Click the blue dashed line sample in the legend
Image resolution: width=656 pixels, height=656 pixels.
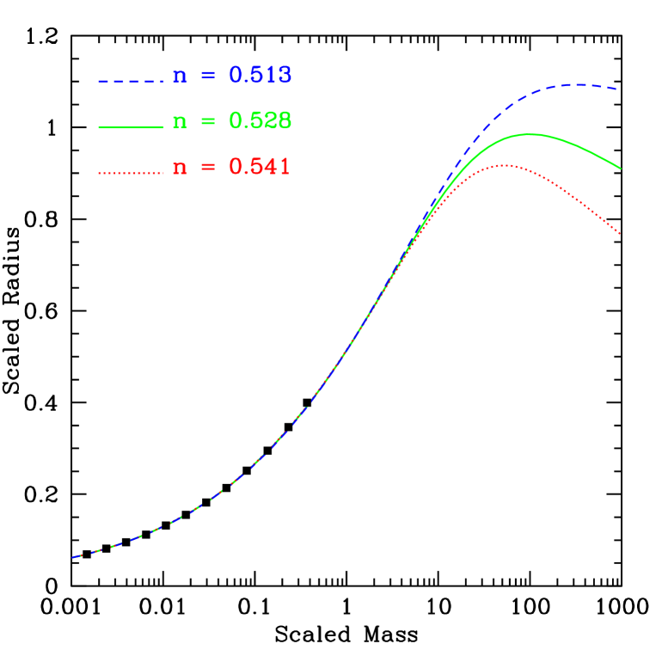(x=131, y=82)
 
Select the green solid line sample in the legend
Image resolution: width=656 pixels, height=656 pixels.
(x=131, y=127)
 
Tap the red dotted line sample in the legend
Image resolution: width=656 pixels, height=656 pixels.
(x=131, y=173)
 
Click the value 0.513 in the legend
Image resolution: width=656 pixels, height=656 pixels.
(x=261, y=76)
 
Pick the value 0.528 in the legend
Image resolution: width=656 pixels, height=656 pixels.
(x=261, y=121)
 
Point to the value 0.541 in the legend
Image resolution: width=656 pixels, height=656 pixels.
(x=260, y=167)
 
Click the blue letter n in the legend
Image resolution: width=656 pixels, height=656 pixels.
(x=180, y=77)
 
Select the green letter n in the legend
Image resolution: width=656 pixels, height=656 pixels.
(x=180, y=122)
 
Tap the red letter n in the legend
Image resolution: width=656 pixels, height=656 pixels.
(x=180, y=168)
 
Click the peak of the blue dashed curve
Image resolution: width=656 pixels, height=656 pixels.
(x=574, y=84)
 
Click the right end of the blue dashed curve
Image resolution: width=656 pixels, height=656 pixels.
(x=617, y=89)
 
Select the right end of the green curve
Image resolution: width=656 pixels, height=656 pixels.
(x=620, y=169)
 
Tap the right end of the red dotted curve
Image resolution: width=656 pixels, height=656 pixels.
(x=620, y=233)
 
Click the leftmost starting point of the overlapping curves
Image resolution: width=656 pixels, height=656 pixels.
(x=73, y=557)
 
